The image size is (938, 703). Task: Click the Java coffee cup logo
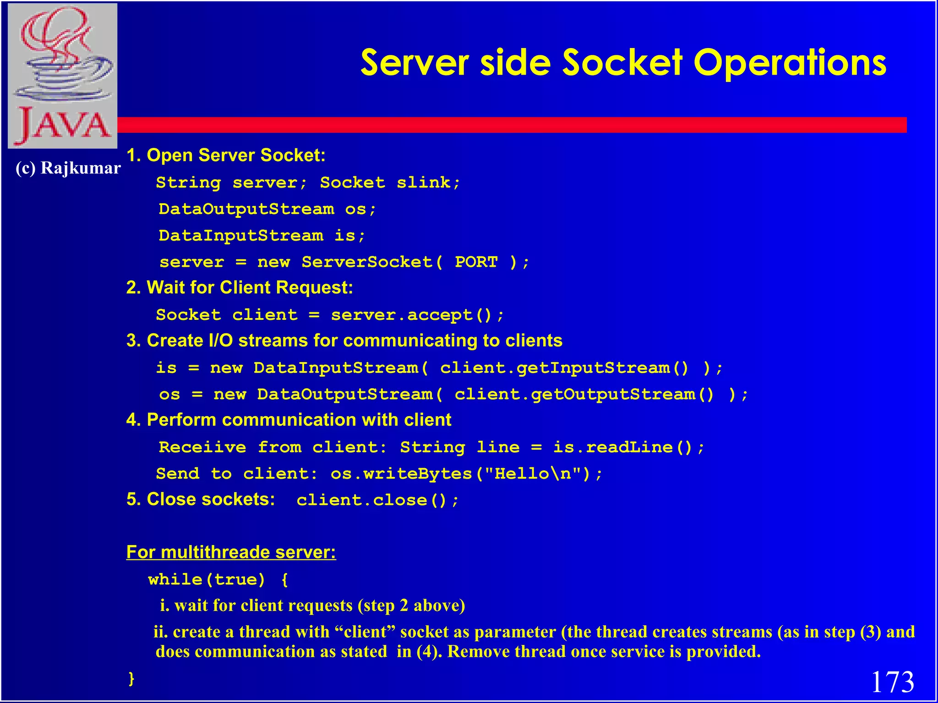[63, 76]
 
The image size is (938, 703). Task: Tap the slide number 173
[892, 682]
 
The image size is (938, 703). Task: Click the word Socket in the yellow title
[622, 63]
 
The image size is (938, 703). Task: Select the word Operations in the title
[790, 63]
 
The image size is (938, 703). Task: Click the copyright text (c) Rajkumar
[68, 168]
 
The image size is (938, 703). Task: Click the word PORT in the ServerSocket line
[476, 262]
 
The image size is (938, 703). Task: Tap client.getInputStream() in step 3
[564, 368]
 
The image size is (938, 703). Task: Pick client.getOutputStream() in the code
[584, 395]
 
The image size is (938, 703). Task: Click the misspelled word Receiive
[203, 447]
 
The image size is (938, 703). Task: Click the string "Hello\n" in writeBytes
[538, 474]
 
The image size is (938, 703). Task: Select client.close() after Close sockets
[376, 500]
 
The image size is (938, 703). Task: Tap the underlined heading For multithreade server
[231, 552]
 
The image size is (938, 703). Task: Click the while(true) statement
[207, 580]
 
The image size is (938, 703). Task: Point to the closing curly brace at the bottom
[131, 678]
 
